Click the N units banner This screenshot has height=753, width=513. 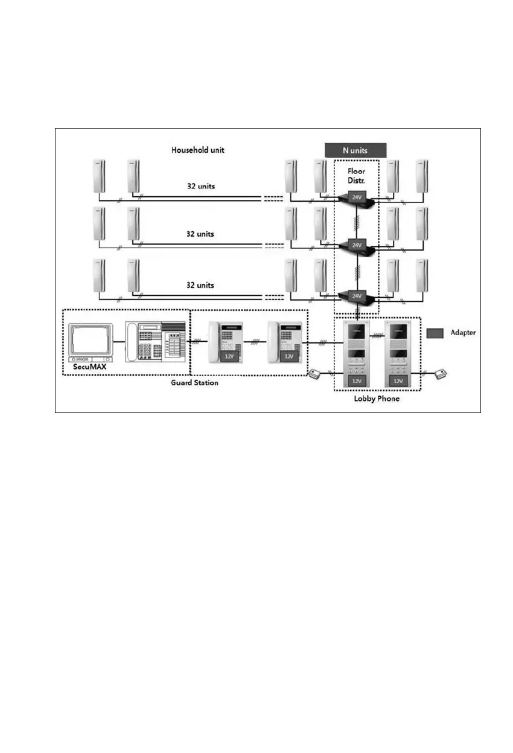[x=355, y=149]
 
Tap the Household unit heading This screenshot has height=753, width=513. [x=197, y=149]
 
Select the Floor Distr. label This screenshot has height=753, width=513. [x=356, y=175]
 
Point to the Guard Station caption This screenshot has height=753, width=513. [x=194, y=383]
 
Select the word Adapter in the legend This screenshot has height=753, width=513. [x=464, y=333]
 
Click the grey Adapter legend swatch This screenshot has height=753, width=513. [x=436, y=333]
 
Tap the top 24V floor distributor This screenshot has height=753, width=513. [x=357, y=196]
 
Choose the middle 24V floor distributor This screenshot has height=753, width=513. [x=357, y=246]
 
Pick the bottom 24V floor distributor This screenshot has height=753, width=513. [x=357, y=295]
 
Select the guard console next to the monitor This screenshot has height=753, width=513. [x=155, y=342]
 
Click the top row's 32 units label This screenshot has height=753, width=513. [x=200, y=186]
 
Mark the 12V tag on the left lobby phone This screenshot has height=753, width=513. [x=357, y=382]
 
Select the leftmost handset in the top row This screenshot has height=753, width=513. [x=99, y=176]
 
